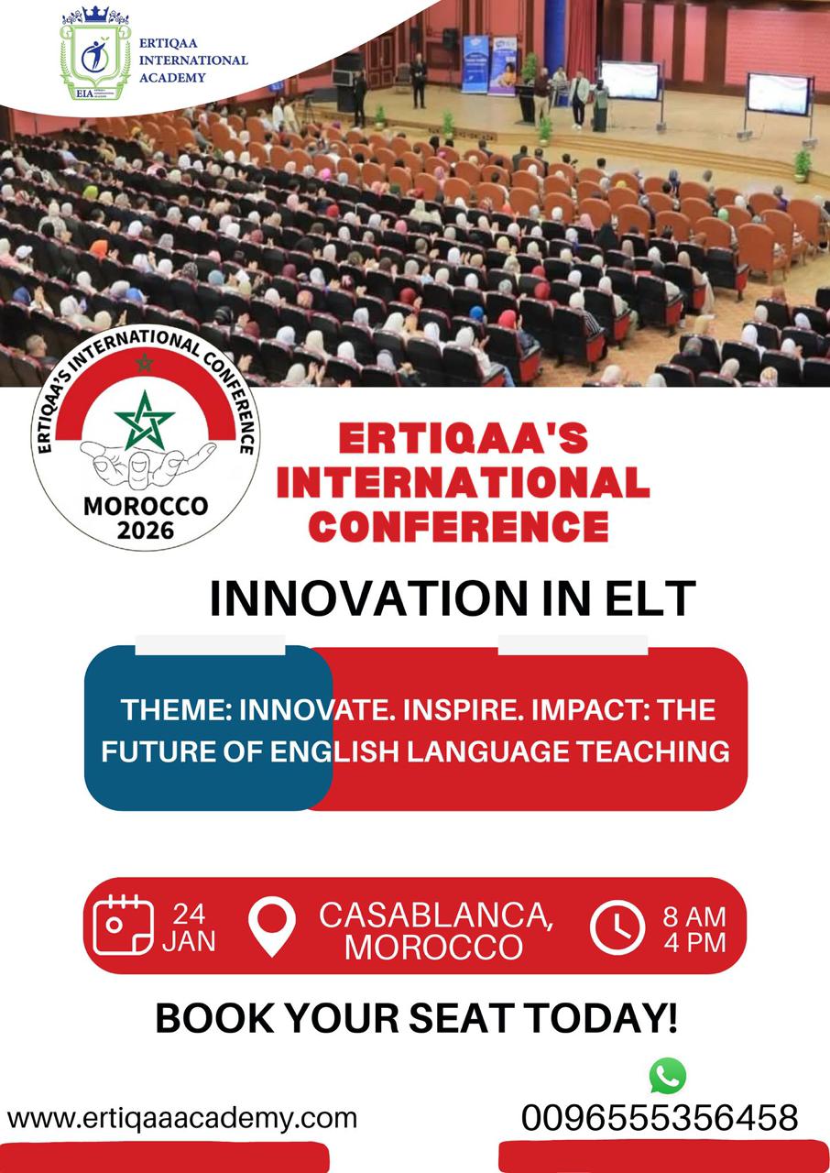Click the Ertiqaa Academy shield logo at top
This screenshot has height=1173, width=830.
tap(95, 55)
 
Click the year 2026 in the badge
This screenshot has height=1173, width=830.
tap(146, 529)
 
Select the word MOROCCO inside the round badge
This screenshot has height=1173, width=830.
tap(146, 506)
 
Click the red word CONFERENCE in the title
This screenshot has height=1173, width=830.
tap(458, 526)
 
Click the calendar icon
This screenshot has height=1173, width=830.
tap(124, 926)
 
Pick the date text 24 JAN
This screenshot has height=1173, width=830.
tap(189, 927)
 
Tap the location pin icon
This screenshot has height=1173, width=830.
tap(272, 926)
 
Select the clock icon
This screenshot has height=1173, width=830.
tap(617, 927)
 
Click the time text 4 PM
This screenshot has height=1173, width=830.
tap(694, 941)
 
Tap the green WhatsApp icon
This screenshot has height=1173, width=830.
tap(667, 1075)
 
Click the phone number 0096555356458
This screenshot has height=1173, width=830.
tap(660, 1118)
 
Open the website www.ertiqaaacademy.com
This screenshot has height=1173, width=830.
tap(181, 1118)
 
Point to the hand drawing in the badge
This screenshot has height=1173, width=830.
tap(147, 463)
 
